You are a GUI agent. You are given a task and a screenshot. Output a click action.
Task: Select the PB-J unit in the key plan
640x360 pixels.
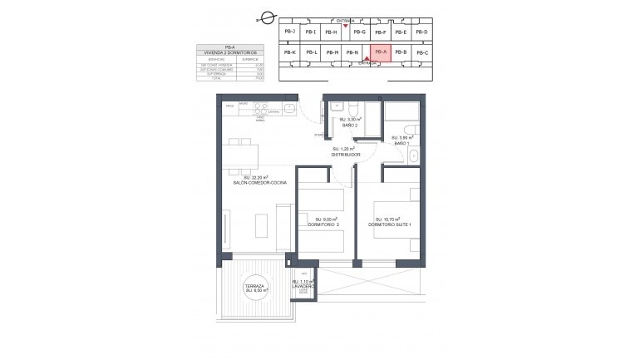pyautogui.click(x=289, y=32)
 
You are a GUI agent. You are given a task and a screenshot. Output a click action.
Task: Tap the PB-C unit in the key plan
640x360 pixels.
pyautogui.click(x=421, y=53)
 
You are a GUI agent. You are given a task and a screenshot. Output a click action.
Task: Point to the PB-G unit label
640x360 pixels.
pyautogui.click(x=359, y=32)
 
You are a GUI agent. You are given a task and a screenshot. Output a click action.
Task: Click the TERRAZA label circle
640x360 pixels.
pyautogui.click(x=254, y=288)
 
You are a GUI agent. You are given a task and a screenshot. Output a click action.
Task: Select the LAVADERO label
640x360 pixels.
pyautogui.click(x=302, y=286)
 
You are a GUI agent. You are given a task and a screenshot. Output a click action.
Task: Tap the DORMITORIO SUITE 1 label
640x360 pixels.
pyautogui.click(x=390, y=224)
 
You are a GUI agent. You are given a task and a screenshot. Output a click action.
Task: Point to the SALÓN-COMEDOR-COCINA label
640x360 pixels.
pyautogui.click(x=254, y=181)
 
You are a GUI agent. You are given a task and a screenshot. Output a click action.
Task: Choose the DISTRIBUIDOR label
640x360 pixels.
pyautogui.click(x=345, y=154)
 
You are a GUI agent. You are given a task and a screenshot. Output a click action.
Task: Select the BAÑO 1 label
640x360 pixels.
pyautogui.click(x=402, y=144)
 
